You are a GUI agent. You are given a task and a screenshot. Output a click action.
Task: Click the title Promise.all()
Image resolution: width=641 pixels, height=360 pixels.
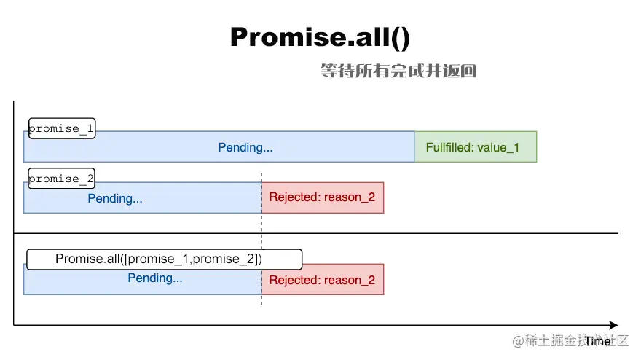(320, 37)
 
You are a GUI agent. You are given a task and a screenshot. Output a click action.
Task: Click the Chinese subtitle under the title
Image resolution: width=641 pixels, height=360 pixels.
(398, 71)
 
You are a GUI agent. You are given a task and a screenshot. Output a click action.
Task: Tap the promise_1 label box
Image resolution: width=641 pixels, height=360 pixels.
(62, 129)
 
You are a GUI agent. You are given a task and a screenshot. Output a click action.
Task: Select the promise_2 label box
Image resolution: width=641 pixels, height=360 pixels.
(62, 179)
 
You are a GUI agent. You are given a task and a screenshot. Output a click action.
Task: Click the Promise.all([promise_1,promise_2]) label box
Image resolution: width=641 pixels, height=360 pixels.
(164, 259)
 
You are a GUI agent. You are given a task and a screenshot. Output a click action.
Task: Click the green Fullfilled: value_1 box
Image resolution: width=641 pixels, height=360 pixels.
(475, 147)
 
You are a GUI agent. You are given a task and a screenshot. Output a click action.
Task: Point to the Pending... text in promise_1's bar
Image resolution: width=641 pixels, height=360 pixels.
(245, 147)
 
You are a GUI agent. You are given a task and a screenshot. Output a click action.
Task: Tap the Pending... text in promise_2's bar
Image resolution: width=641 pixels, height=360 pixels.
(115, 198)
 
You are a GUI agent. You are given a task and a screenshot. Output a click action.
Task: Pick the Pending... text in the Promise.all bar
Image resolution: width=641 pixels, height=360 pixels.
(155, 278)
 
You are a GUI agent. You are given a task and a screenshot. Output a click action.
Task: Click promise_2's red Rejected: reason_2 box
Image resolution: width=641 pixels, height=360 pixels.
(322, 197)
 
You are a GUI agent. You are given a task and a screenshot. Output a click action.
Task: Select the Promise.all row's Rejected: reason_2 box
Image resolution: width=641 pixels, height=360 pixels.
(322, 280)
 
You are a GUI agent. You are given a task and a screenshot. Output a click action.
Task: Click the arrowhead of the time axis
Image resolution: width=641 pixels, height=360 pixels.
(613, 325)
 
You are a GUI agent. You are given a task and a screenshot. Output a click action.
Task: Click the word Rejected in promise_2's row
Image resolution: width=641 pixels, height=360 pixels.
(294, 197)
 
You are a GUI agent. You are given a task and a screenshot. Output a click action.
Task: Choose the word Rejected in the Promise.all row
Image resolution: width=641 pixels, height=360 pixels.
(294, 280)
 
